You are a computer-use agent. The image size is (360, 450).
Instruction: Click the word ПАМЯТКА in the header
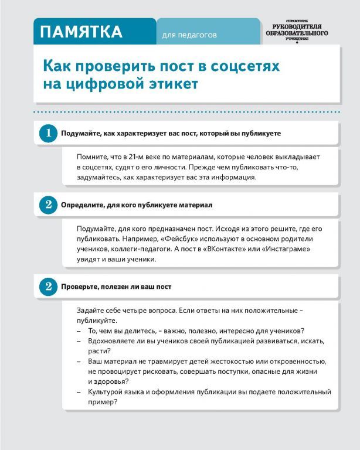tap(81, 32)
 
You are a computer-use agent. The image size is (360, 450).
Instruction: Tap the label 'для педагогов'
tap(189, 35)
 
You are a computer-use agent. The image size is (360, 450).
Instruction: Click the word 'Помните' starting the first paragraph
tap(91, 156)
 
